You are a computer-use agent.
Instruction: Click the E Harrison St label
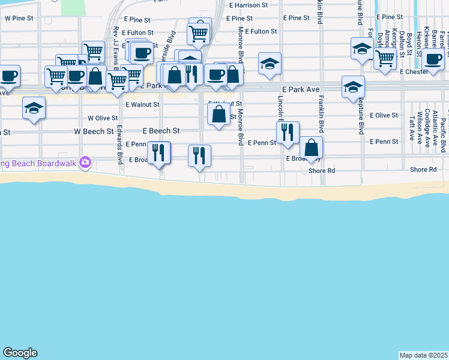pyautogui.click(x=248, y=5)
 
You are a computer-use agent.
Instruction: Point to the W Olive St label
pyautogui.click(x=103, y=118)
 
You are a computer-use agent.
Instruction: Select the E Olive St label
pyautogui.click(x=384, y=115)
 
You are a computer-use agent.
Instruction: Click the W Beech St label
pyautogui.click(x=94, y=131)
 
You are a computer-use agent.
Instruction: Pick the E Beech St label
pyautogui.click(x=161, y=130)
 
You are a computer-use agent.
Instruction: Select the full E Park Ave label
pyautogui.click(x=301, y=89)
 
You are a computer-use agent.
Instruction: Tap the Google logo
pyautogui.click(x=20, y=353)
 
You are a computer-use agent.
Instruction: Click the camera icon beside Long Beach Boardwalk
pyautogui.click(x=85, y=162)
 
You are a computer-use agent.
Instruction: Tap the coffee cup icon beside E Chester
pyautogui.click(x=433, y=59)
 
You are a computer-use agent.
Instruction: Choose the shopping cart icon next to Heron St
pyautogui.click(x=384, y=58)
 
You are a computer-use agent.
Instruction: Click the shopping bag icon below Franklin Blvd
pyautogui.click(x=312, y=147)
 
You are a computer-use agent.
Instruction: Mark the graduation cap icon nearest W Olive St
pyautogui.click(x=34, y=109)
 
